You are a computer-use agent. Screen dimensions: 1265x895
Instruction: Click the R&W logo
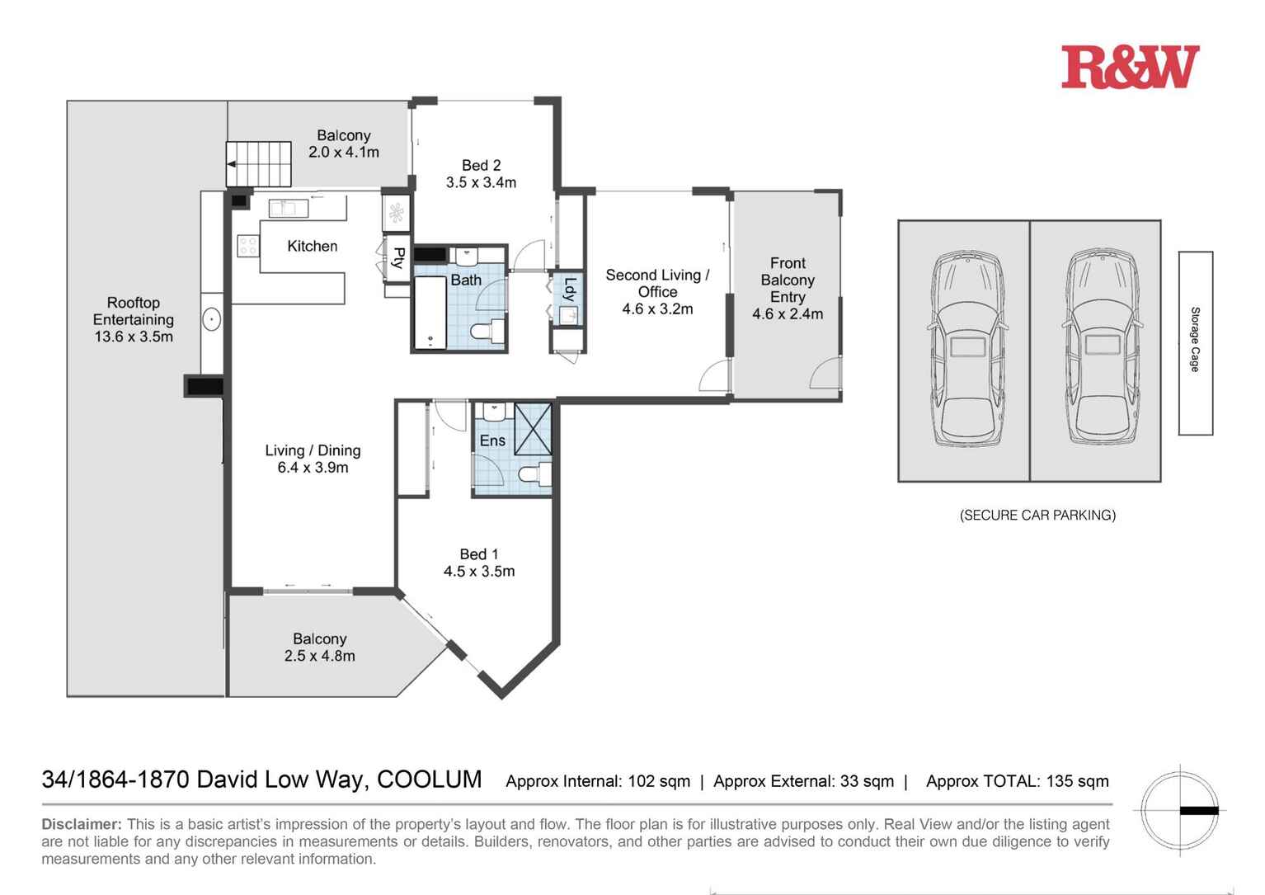[1130, 68]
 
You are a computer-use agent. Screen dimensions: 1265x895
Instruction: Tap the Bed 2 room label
[481, 165]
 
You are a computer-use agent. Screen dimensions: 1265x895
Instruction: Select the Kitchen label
[313, 246]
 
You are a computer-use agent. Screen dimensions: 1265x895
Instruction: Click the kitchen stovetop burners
[248, 246]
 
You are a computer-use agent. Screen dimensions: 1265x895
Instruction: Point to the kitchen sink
[288, 208]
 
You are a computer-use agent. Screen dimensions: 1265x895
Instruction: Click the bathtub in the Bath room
[430, 313]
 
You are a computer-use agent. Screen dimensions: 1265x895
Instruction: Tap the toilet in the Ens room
[535, 473]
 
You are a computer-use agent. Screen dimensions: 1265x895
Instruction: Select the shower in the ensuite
[533, 429]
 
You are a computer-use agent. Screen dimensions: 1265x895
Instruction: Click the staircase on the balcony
[259, 164]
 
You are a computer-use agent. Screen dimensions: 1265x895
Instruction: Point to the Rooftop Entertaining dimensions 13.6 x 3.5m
[134, 337]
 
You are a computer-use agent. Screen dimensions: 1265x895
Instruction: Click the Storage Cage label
[1195, 340]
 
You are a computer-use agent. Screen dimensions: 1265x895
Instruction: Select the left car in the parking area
[967, 348]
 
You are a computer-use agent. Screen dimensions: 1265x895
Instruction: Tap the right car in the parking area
[1103, 346]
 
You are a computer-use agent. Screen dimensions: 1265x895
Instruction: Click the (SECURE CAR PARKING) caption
[1037, 516]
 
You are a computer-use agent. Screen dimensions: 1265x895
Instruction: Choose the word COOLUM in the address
[429, 780]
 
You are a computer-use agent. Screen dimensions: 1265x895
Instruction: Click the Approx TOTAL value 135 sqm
[1078, 781]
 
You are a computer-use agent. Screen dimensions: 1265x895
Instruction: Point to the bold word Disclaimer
[82, 824]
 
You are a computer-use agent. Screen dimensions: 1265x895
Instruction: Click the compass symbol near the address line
[1179, 811]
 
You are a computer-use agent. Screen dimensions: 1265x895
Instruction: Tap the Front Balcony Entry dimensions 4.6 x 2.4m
[788, 314]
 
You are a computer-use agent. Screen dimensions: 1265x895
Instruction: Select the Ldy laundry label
[569, 290]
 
